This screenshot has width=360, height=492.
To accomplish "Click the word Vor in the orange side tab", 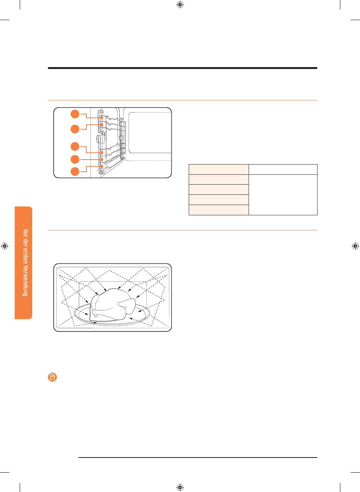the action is [26, 232].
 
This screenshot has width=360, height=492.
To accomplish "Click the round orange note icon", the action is [52, 377].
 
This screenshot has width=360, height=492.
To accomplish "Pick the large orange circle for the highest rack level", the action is [75, 114].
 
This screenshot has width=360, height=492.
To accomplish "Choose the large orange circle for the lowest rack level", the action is [75, 172].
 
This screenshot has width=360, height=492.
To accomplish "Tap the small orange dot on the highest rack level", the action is [102, 118].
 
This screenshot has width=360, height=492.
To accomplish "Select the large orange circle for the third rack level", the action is [75, 146].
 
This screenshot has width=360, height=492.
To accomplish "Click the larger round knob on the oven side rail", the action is [102, 139].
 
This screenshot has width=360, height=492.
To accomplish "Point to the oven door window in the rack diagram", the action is [150, 133].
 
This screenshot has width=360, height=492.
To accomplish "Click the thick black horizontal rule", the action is [183, 68].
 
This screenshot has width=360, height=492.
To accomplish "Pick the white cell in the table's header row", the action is [283, 169].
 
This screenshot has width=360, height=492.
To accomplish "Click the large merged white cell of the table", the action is [283, 194].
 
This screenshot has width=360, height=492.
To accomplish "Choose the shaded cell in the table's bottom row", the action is [219, 210].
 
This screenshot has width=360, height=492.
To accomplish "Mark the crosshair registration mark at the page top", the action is [180, 5].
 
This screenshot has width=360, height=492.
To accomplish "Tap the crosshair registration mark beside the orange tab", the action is [5, 246].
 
